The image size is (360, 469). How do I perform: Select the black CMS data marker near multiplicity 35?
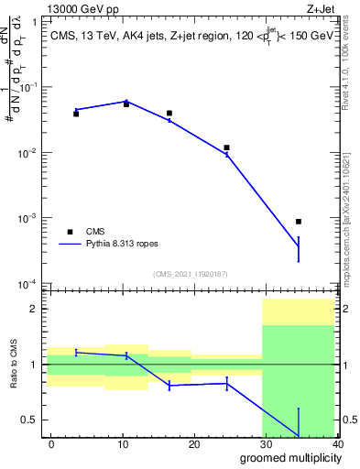[299, 222]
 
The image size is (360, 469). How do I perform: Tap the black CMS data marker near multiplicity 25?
[226, 147]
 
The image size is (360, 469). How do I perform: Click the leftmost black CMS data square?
[76, 114]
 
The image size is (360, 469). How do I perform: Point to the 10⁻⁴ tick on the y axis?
[30, 285]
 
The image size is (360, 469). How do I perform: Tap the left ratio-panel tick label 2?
[36, 309]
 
